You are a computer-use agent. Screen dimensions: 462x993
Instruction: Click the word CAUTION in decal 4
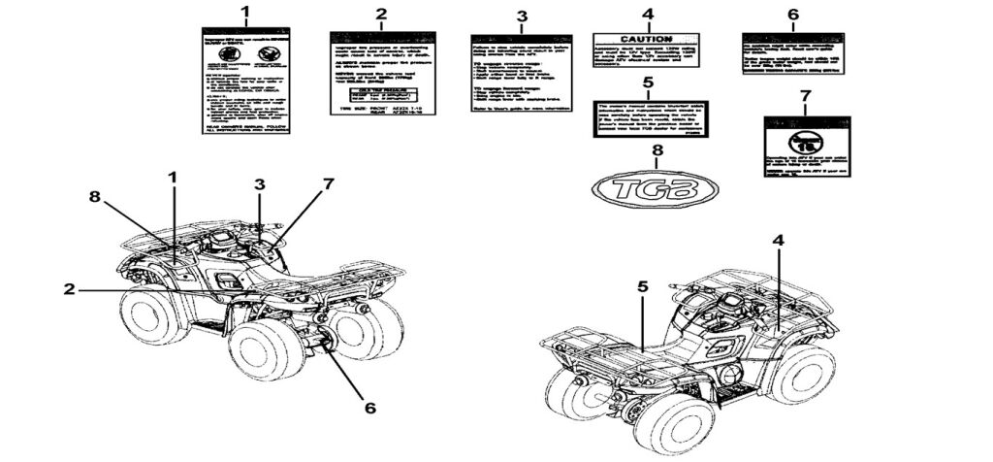(647, 38)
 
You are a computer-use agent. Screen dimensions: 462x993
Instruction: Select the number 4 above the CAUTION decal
(648, 14)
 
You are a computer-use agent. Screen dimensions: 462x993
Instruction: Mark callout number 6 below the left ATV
(369, 408)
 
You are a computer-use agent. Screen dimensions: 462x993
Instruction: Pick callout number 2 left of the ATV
(70, 289)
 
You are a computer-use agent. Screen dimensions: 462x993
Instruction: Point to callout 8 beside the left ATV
(94, 196)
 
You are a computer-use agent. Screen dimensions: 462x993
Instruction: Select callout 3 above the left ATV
(259, 183)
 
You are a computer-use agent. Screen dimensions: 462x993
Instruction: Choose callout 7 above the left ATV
(328, 183)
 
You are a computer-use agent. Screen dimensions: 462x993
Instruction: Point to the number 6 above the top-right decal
(792, 15)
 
